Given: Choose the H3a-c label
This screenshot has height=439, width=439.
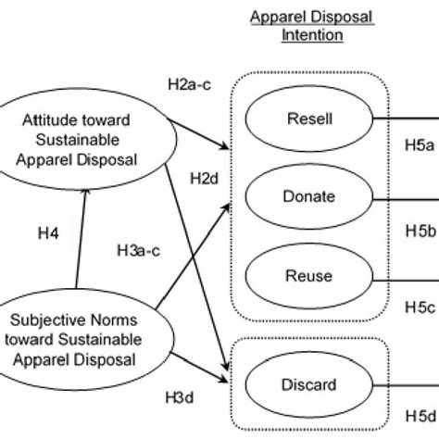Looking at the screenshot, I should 139,248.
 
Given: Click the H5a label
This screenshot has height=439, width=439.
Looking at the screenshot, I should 420,145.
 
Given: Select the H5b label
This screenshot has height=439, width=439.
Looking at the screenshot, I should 420,227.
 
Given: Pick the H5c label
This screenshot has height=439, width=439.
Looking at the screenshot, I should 420,305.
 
